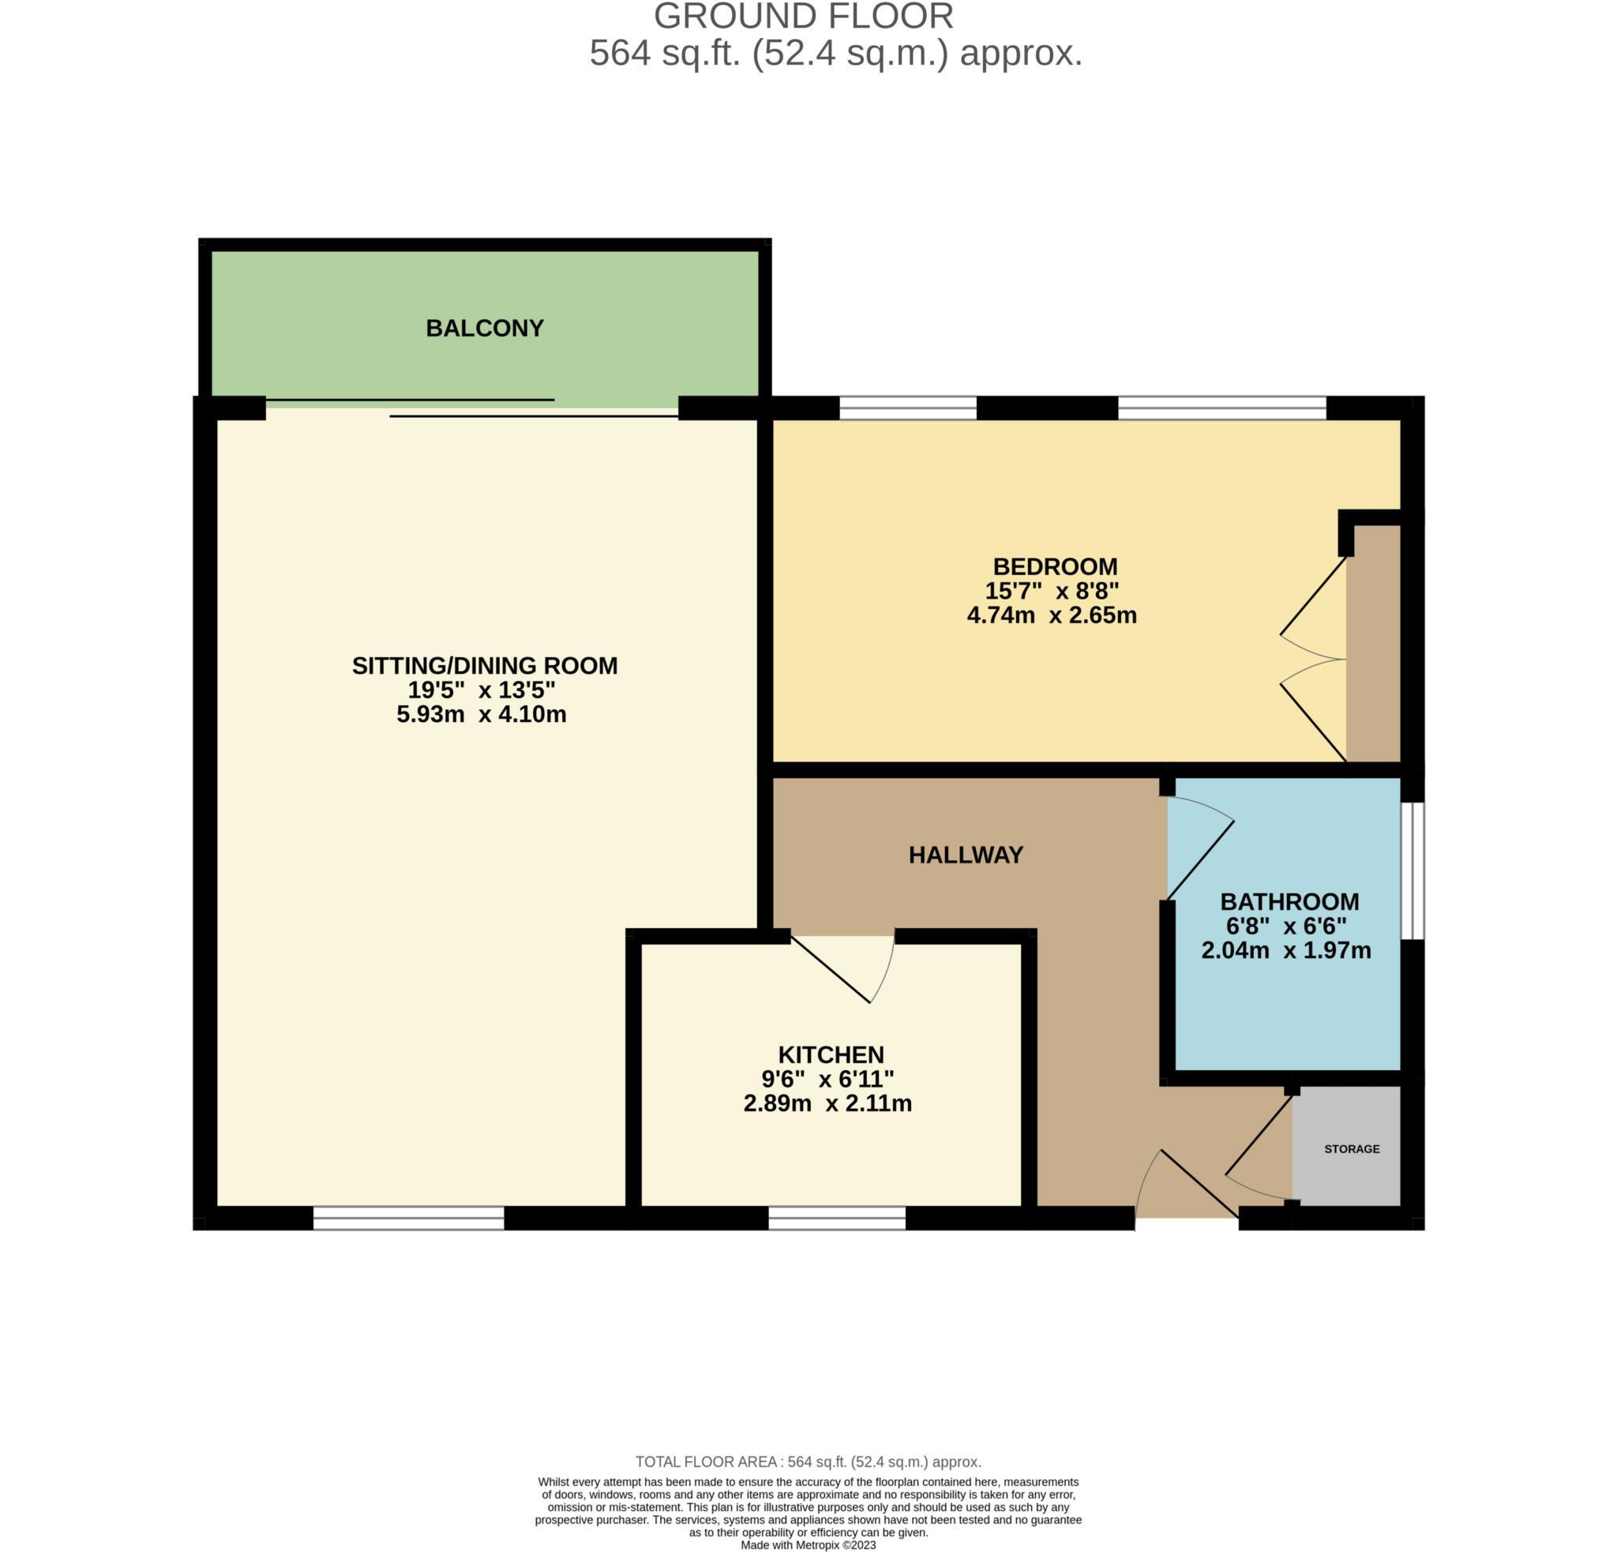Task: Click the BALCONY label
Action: [x=484, y=329]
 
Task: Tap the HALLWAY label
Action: [x=966, y=855]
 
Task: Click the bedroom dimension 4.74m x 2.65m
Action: [x=1052, y=614]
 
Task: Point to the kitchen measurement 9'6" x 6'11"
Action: [x=827, y=1078]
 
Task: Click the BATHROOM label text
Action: [x=1289, y=902]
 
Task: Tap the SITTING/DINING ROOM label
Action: [x=484, y=666]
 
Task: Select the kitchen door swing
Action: [x=842, y=969]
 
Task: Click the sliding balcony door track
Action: [x=472, y=408]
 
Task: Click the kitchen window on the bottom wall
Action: [x=837, y=1219]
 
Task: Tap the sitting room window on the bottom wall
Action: [x=408, y=1219]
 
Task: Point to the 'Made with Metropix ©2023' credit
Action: [x=808, y=1545]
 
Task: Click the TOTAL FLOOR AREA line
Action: [x=808, y=1462]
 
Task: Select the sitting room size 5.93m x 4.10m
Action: [x=481, y=714]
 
